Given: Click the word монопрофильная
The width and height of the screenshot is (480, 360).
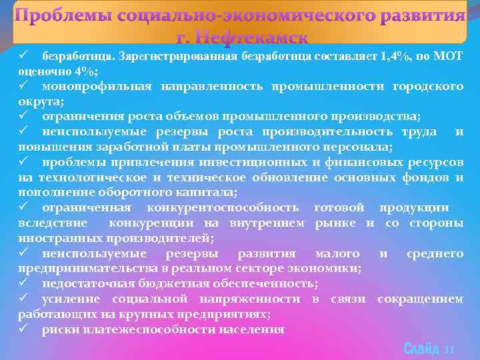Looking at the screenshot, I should pyautogui.click(x=97, y=86).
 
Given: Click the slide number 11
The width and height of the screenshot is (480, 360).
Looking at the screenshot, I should pyautogui.click(x=449, y=349).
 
